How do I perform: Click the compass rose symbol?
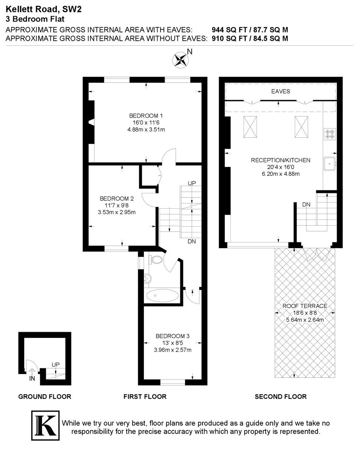coord(180,59)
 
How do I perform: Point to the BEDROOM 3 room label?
coord(173,336)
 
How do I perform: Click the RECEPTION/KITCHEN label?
coord(281,160)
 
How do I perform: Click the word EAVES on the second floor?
coord(281,91)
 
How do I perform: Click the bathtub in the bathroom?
coord(162,296)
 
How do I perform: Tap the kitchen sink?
coord(330,164)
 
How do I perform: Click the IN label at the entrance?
coord(32,379)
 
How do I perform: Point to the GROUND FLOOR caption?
coord(44,397)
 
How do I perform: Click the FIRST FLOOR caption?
coord(145,397)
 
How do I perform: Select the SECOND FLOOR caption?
coord(281,397)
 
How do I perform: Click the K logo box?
coord(45,425)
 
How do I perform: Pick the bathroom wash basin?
coord(147,279)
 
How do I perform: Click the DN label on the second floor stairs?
coord(306,205)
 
